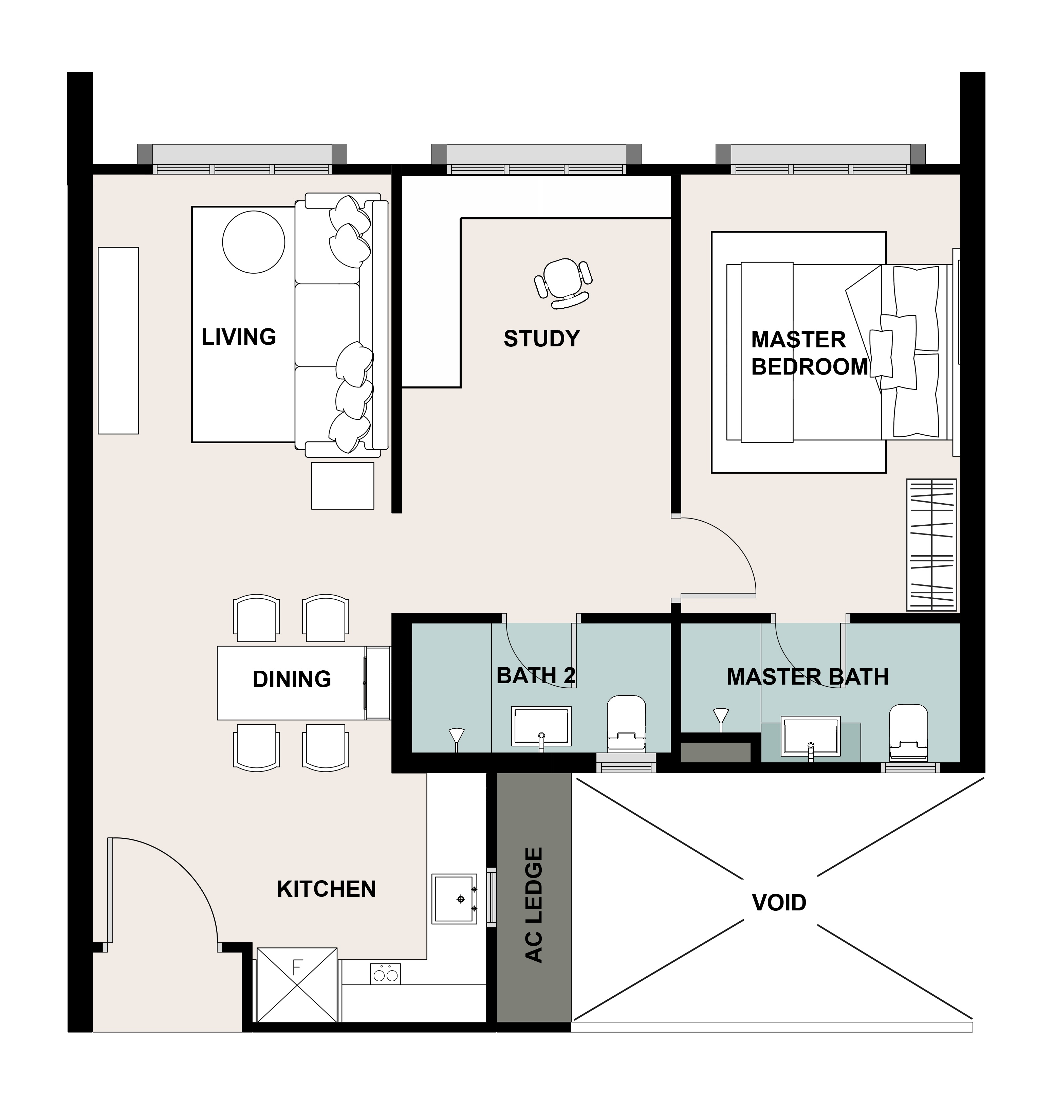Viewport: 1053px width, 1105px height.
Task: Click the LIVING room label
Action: click(x=239, y=337)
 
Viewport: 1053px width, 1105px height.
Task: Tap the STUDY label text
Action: click(x=542, y=339)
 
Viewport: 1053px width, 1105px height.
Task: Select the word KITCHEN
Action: click(x=326, y=889)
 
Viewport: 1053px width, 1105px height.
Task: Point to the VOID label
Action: click(x=779, y=902)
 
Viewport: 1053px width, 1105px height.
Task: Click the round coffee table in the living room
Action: click(x=254, y=242)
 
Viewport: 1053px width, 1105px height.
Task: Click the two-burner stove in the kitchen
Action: click(x=386, y=973)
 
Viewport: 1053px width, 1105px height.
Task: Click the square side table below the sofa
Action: click(x=343, y=486)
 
